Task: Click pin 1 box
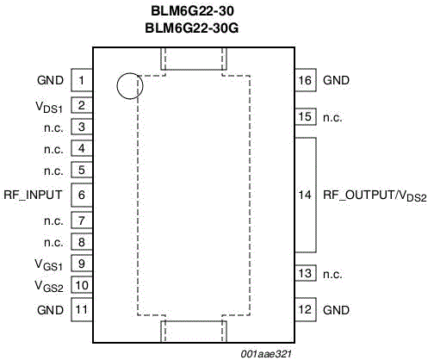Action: click(82, 80)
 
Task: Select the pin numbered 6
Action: click(82, 195)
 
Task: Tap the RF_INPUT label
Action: click(33, 196)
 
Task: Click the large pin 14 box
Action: click(306, 196)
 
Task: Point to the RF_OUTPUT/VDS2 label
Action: click(375, 196)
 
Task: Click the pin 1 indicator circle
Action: click(130, 86)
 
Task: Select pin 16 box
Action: click(306, 80)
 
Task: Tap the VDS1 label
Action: click(49, 107)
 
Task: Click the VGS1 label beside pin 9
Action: click(48, 264)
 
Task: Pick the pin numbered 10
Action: click(82, 285)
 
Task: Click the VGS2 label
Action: click(49, 286)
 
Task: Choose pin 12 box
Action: click(306, 309)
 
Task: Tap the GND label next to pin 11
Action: click(50, 310)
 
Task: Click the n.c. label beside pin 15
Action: click(332, 118)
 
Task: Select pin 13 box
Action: click(306, 273)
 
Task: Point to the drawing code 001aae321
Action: click(266, 354)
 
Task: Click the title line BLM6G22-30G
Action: click(192, 28)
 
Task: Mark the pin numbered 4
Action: click(82, 148)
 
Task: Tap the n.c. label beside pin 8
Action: click(53, 243)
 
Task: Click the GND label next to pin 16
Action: click(336, 80)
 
